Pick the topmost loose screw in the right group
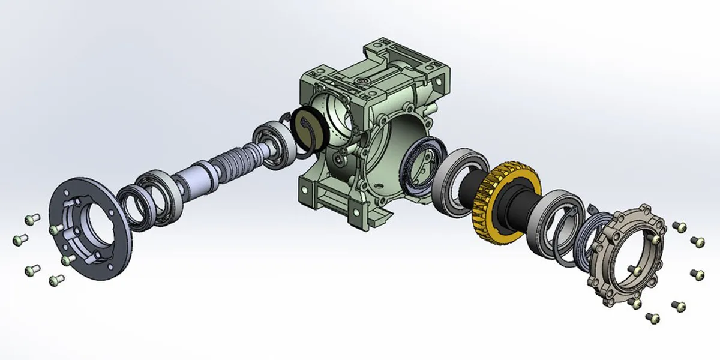pos(679,227)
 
